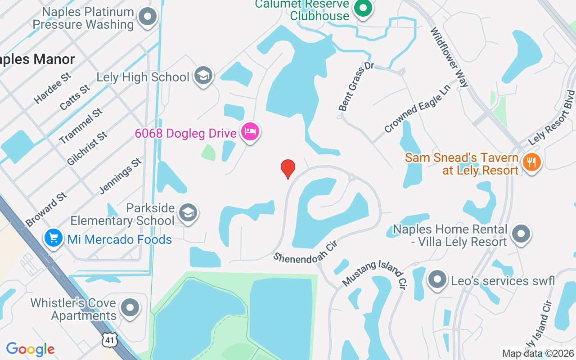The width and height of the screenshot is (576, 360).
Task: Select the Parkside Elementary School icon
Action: click(188, 213)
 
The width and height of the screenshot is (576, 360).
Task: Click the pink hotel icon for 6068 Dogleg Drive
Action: click(250, 132)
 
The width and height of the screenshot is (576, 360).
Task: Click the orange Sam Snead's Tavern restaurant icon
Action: click(532, 162)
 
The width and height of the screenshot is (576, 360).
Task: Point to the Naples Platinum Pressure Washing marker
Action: click(147, 18)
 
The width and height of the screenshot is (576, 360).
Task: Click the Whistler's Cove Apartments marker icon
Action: click(130, 308)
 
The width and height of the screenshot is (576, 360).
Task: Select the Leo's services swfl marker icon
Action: click(436, 280)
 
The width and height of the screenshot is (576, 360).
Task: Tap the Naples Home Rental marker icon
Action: click(522, 234)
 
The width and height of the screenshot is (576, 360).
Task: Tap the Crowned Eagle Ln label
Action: click(417, 108)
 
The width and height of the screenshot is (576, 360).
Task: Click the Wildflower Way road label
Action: click(450, 57)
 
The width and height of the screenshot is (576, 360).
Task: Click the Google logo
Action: click(31, 349)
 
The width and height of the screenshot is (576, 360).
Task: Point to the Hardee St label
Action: click(53, 88)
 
